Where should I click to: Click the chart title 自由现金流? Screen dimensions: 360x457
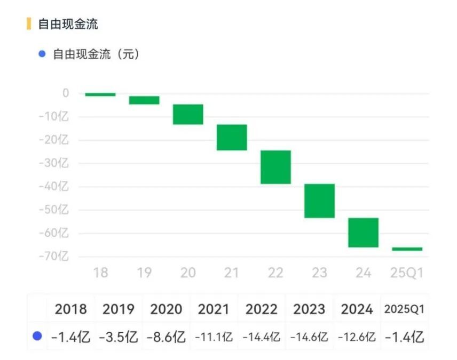(68, 24)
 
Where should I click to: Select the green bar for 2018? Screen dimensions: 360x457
(100, 94)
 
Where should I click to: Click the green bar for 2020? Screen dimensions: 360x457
(187, 114)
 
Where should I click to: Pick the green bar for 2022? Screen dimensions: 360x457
(275, 167)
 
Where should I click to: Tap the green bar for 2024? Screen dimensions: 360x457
(363, 233)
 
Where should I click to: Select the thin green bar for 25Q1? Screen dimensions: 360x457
(407, 249)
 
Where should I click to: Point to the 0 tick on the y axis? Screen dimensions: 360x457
(65, 93)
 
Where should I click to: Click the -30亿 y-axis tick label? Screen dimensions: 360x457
(57, 163)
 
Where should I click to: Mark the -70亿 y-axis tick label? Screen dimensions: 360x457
(57, 257)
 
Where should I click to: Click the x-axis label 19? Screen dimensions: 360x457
(144, 273)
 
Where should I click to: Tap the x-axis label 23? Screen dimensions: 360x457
(319, 273)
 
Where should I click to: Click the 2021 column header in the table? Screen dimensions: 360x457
(214, 309)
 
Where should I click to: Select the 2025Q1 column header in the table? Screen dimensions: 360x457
(405, 309)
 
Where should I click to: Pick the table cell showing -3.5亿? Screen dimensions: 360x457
(118, 337)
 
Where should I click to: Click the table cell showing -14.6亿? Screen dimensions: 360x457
(309, 337)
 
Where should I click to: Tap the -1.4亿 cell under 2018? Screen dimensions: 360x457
(70, 337)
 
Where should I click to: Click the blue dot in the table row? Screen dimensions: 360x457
(37, 337)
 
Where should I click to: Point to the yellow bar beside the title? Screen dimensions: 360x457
(29, 24)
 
